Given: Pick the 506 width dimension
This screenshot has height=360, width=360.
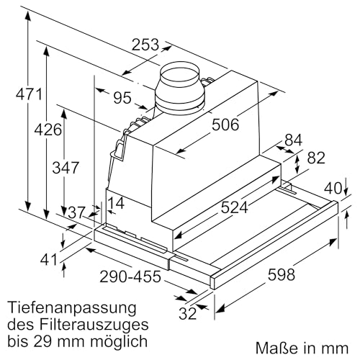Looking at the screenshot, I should [x=225, y=125].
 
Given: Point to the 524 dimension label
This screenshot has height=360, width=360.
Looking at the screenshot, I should [x=234, y=208].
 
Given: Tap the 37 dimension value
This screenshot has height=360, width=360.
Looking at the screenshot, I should [x=76, y=212].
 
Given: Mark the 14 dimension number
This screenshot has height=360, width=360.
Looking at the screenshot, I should [x=116, y=204].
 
